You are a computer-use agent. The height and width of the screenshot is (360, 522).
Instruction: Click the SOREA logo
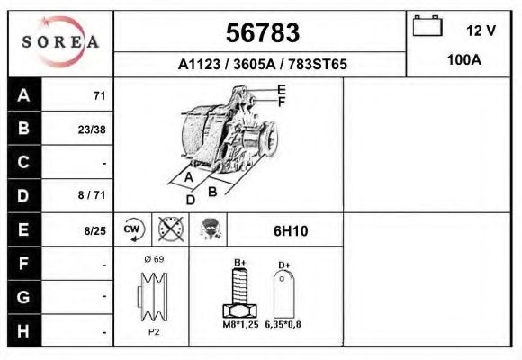[x=60, y=42]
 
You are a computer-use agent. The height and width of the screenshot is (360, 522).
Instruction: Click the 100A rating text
[x=464, y=60]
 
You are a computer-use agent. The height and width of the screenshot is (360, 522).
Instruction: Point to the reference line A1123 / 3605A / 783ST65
[x=262, y=65]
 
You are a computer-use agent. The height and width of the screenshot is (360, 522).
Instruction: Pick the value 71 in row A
[x=99, y=95]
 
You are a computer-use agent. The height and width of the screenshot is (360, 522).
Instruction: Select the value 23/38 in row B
[x=93, y=129]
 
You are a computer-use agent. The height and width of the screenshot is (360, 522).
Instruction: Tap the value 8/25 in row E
[x=94, y=230]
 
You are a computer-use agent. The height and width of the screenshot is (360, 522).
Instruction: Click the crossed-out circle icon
[x=170, y=229]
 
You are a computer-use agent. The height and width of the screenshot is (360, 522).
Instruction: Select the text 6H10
[x=290, y=231]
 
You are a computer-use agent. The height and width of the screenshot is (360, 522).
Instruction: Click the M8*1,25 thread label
[x=238, y=323]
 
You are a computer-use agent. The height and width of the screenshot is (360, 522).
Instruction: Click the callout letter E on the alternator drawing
[x=281, y=89]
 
